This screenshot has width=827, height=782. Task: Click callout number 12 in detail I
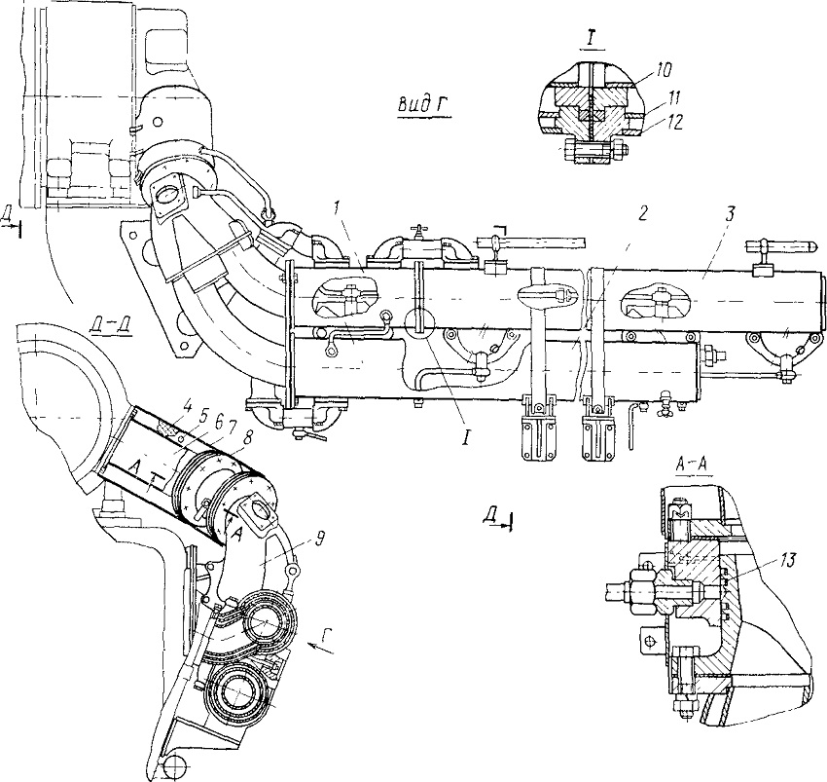point(673,122)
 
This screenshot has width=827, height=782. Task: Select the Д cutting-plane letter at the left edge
point(7,216)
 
